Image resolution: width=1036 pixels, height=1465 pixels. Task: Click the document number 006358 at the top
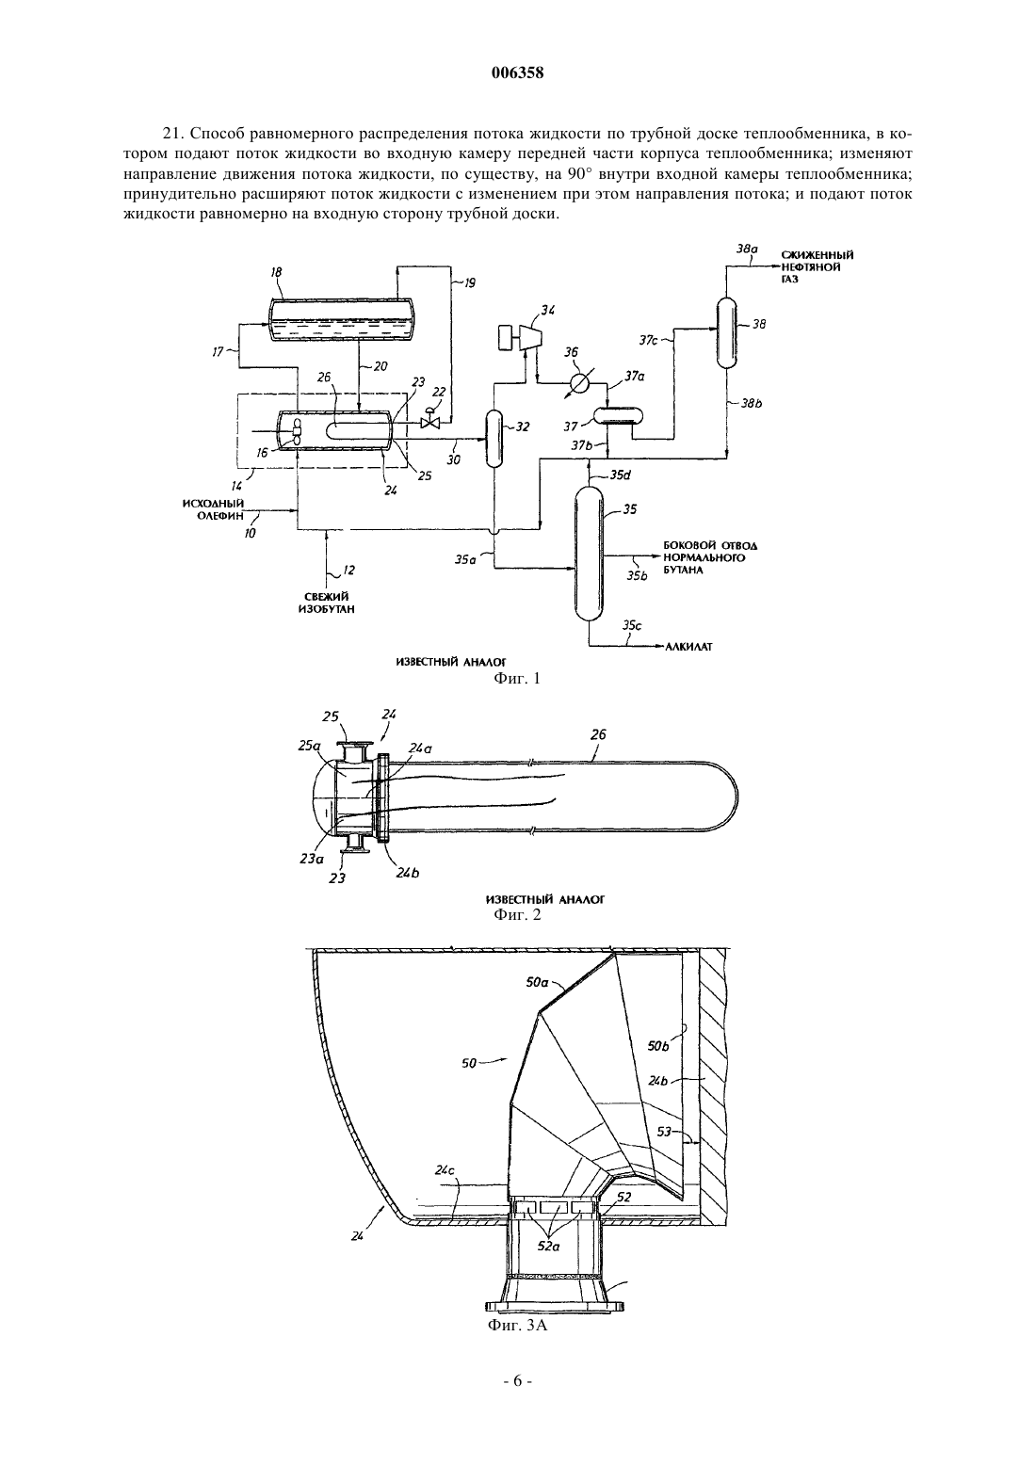tap(517, 73)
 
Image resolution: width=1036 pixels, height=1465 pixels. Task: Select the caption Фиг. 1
tap(517, 678)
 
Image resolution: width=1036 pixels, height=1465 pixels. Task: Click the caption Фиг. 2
tap(517, 913)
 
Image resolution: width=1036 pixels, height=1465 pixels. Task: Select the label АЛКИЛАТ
tap(688, 647)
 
